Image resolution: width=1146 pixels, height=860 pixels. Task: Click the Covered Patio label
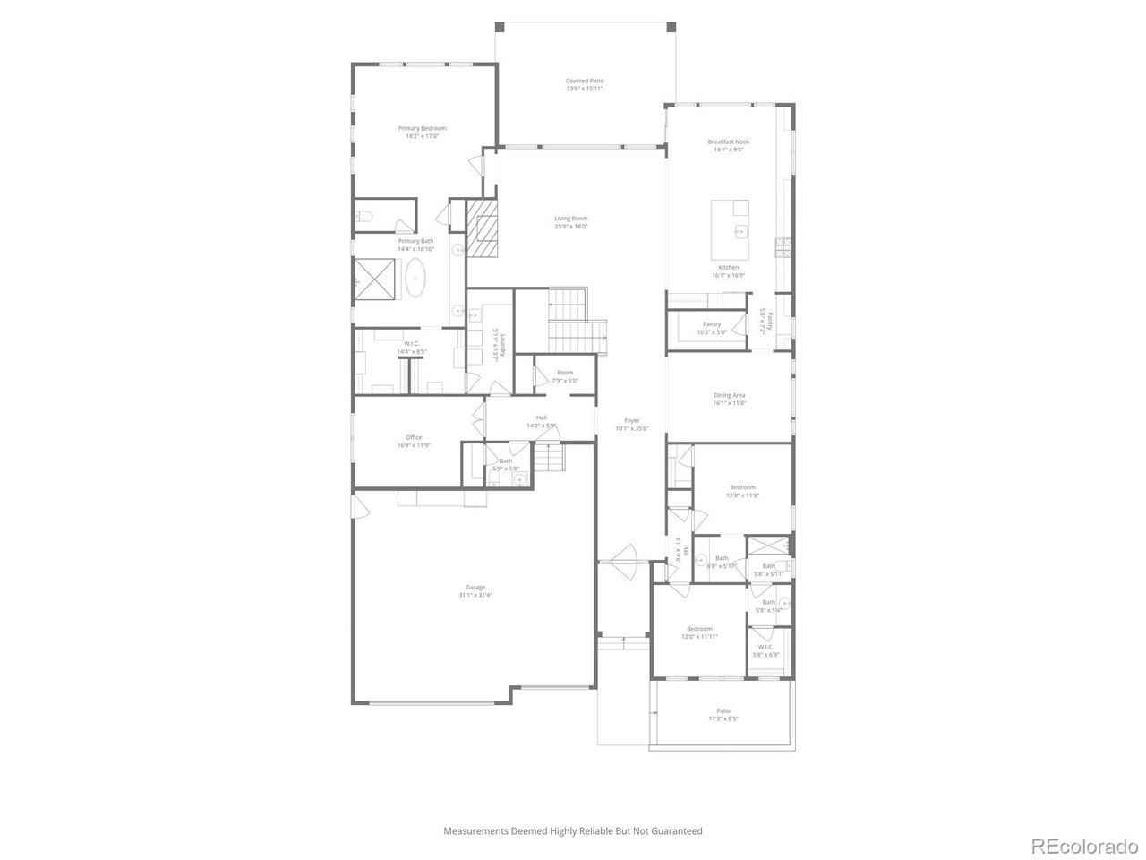tap(585, 81)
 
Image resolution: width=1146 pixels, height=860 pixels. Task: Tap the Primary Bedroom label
tap(423, 128)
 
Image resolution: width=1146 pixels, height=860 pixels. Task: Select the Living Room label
tap(571, 219)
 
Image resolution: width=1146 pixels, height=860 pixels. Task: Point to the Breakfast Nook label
tap(729, 142)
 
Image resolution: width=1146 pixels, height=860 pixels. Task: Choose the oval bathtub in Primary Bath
tap(417, 278)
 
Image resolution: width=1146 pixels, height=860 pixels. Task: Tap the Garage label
tap(475, 587)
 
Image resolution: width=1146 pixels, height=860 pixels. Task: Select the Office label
tap(414, 437)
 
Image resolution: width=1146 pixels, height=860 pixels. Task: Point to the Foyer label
tap(632, 420)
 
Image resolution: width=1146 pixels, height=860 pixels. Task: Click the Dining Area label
tap(730, 395)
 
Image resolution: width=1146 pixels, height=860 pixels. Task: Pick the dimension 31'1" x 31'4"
tap(475, 595)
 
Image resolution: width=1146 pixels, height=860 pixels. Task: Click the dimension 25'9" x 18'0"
tap(571, 227)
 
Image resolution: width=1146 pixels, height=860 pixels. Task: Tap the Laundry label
tap(505, 343)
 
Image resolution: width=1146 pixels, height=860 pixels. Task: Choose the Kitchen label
tap(729, 268)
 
